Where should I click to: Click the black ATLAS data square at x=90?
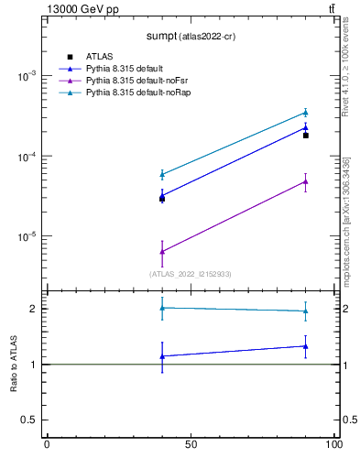306,136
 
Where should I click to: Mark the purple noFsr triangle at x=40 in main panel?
162,251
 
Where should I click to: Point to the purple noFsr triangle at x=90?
306,181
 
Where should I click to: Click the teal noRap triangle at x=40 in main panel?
162,174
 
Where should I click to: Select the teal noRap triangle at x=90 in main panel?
306,113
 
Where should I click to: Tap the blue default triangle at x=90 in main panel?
306,127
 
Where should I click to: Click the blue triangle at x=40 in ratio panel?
162,356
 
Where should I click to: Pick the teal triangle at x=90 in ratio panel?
306,311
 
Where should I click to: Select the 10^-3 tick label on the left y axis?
27,77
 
